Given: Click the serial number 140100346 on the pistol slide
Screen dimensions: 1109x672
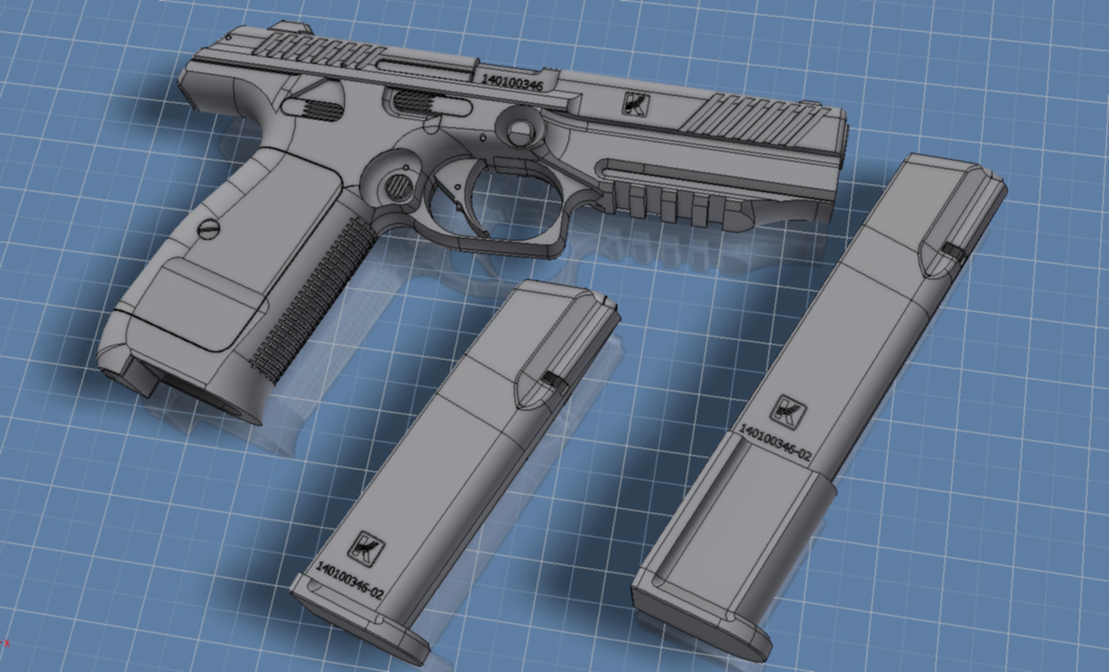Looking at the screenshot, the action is [512, 83].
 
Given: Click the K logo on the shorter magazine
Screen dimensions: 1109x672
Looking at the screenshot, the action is [366, 547].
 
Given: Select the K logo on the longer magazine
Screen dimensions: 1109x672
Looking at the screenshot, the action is [788, 412].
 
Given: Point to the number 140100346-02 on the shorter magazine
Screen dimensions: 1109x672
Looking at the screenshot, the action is [350, 580].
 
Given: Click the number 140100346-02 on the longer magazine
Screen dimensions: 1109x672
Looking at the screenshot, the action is [776, 442].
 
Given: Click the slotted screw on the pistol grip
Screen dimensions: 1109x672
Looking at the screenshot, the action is [207, 228].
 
